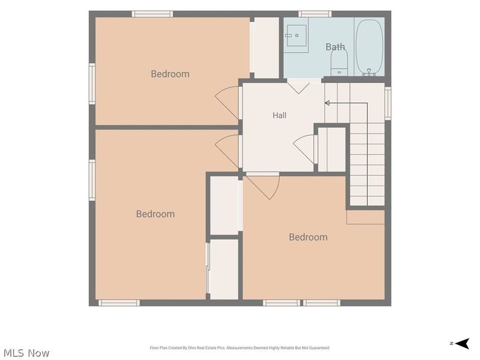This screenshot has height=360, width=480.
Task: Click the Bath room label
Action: pyautogui.click(x=335, y=47)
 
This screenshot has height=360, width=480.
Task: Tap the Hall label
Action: pyautogui.click(x=280, y=115)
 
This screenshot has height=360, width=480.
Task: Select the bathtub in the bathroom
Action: pyautogui.click(x=369, y=47)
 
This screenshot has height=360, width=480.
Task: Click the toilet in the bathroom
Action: pyautogui.click(x=339, y=62)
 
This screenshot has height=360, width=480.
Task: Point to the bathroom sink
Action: pyautogui.click(x=296, y=35)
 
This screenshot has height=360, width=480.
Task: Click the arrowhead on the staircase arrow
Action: pyautogui.click(x=327, y=103)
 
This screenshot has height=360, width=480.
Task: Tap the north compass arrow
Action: pyautogui.click(x=463, y=343)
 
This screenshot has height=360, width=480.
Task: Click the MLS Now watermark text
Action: pyautogui.click(x=26, y=353)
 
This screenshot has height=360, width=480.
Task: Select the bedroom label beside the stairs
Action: pyautogui.click(x=308, y=237)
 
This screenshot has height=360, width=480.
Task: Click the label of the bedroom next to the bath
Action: pyautogui.click(x=170, y=74)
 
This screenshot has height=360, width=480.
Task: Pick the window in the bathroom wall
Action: pyautogui.click(x=315, y=14)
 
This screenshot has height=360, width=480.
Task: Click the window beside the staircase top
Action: pyautogui.click(x=388, y=103)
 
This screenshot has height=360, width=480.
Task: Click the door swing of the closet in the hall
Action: pyautogui.click(x=304, y=149)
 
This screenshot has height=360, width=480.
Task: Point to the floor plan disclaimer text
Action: pyautogui.click(x=239, y=348)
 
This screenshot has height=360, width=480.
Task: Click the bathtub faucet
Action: pyautogui.click(x=369, y=72)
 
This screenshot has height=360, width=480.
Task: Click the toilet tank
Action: pyautogui.click(x=339, y=71)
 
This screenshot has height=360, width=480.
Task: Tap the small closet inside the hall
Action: pyautogui.click(x=332, y=149)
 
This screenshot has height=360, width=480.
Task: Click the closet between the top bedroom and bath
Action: pyautogui.click(x=266, y=47)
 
